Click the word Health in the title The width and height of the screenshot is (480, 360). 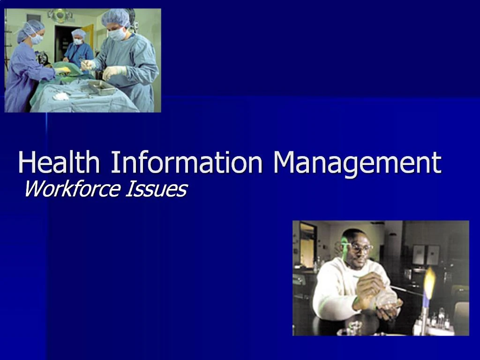coord(59,163)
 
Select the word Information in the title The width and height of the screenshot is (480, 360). coord(187,163)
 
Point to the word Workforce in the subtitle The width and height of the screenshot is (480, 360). coord(71,189)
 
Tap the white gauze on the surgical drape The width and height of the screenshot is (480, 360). coord(60,96)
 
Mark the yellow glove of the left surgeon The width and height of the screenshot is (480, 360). coord(63,71)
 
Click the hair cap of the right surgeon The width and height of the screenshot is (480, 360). coord(116,18)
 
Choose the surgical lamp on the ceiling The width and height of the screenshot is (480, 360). coord(60,15)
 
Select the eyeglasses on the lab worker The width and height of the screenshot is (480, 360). coord(360,247)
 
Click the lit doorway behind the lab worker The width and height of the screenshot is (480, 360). coord(307,244)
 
